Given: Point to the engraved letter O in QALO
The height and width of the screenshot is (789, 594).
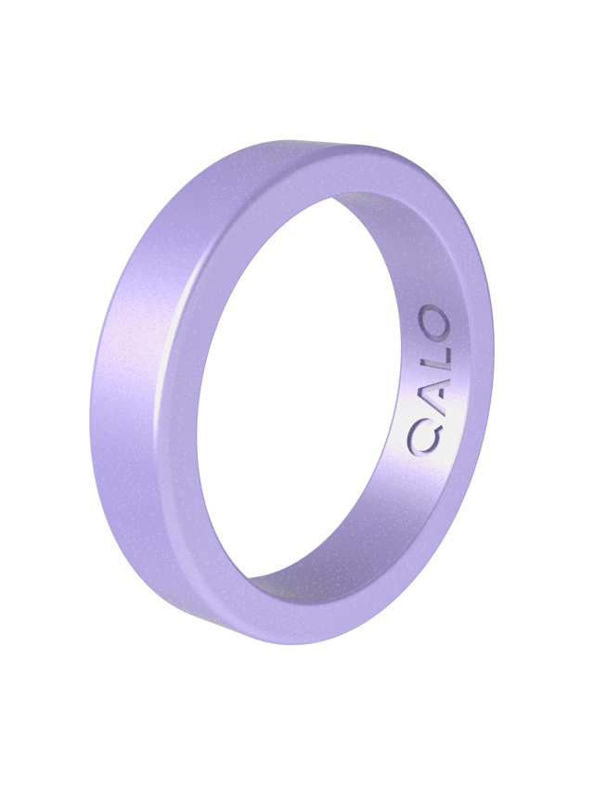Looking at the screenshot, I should pyautogui.click(x=433, y=324).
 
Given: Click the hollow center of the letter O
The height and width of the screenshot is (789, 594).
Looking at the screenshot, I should pyautogui.click(x=433, y=324).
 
